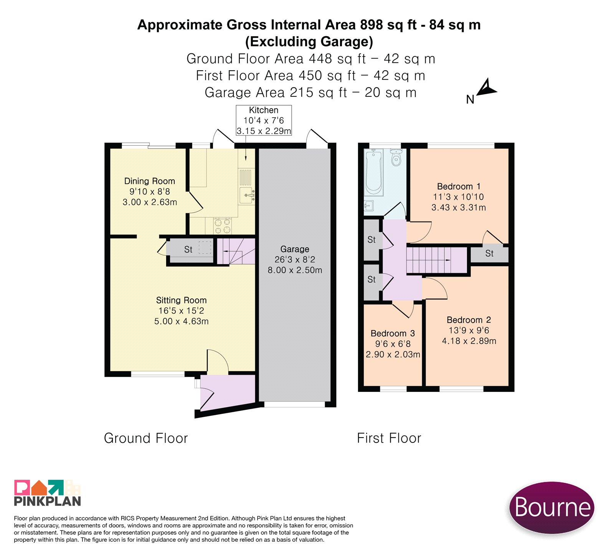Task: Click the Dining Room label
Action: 150,191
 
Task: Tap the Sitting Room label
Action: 181,310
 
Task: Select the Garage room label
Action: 295,259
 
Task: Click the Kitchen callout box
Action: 264,120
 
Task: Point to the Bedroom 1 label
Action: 459,197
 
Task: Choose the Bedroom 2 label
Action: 469,330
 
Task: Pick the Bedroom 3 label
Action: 393,344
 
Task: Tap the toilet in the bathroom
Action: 396,157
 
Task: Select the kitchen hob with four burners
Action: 223,225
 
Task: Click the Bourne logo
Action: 552,507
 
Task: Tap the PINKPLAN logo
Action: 48,493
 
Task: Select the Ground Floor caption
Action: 146,438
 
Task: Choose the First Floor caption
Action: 389,438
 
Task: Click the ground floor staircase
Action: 236,251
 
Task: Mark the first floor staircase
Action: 437,260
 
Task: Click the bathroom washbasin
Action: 368,206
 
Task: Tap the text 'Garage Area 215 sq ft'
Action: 276,93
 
